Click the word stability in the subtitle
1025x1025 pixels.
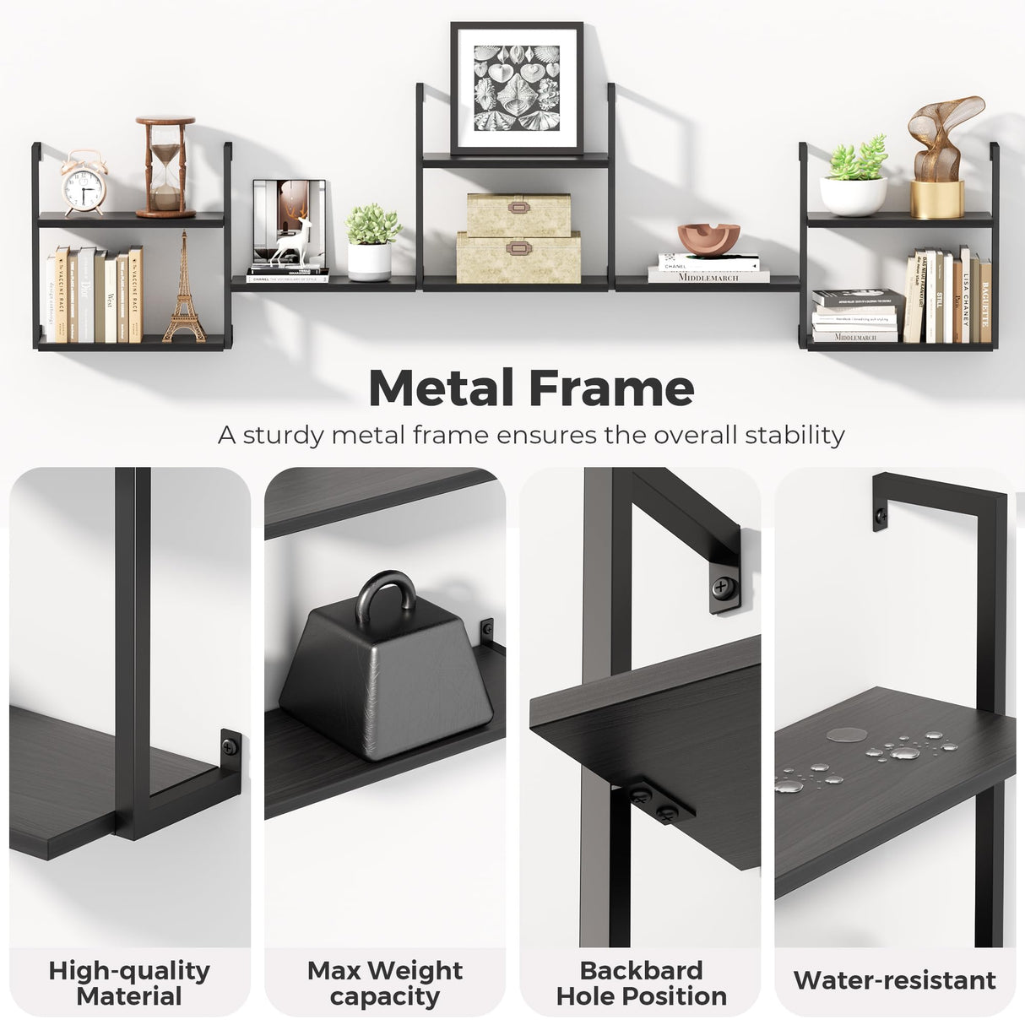pos(794,435)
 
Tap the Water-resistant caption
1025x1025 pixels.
pos(894,980)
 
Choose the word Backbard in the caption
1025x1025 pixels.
pos(642,970)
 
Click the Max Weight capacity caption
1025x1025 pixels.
pos(385,983)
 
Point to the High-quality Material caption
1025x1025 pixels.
pos(129,983)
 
